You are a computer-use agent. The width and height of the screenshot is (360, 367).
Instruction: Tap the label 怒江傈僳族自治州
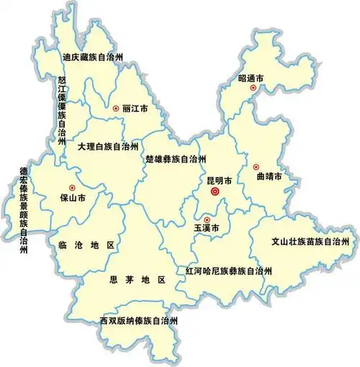[x=62, y=115]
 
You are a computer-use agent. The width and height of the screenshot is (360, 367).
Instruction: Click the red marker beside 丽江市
[x=115, y=108]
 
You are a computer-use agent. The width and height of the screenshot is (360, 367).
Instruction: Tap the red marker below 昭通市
[x=253, y=88]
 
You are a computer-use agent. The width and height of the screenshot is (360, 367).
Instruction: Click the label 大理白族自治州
[x=108, y=146]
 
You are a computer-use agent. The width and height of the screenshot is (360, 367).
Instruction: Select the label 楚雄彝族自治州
[x=176, y=158]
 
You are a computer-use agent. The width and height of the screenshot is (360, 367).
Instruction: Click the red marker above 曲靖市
[x=256, y=167]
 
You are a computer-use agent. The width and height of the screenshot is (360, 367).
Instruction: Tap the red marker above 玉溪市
[x=207, y=219]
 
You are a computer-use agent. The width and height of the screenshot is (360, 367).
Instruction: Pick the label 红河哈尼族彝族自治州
[x=229, y=271]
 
